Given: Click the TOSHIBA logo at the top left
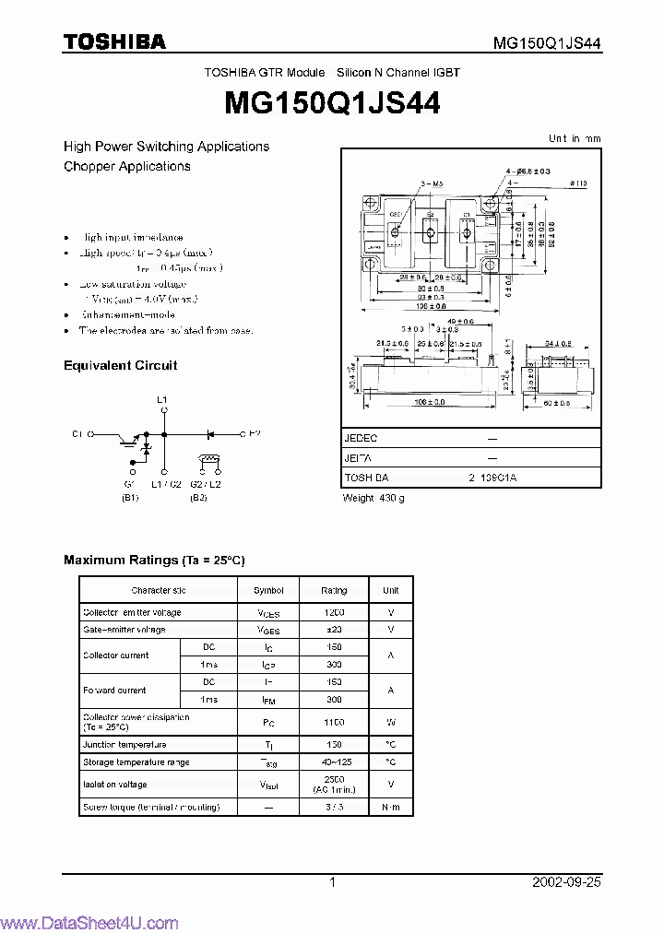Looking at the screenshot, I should coord(114,42).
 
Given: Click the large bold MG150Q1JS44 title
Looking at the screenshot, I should coord(332,103).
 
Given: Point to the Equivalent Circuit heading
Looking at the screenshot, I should coord(120,365).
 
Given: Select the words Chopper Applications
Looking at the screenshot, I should coord(127,166).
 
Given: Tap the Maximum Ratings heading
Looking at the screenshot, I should coord(154,560).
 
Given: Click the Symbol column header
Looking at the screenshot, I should coord(268,590).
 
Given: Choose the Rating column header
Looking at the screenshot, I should coord(334,590).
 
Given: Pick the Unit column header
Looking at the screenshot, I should coord(391,590).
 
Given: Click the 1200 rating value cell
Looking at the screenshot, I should coord(334,612).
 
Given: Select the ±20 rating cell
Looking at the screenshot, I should coord(334,630).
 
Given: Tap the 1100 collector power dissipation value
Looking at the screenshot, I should coord(334,722).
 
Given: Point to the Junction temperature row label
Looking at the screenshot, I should coord(125,744).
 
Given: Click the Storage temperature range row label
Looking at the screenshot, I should coord(136,762).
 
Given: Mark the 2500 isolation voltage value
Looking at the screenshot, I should coord(334,780).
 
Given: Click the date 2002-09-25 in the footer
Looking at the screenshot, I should coord(566,881).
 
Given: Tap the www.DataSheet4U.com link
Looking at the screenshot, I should coord(89,924).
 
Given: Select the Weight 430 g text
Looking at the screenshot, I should coord(373,498).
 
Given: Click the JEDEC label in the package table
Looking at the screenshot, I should coord(361,439).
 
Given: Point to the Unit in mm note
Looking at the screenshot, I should coord(575,138).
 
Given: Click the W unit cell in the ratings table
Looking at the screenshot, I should coord(391,722).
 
